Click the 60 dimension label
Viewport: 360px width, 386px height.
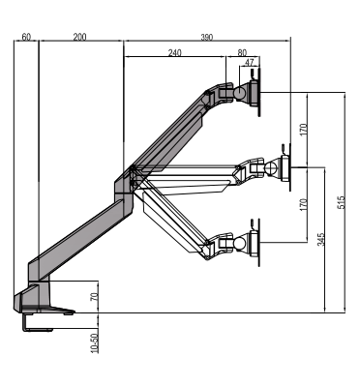coord(26,36)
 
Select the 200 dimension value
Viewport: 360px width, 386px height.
coord(79,36)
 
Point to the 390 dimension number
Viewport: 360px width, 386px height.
coord(207,36)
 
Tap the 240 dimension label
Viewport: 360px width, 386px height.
coord(174,53)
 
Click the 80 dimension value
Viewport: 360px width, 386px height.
coord(241,53)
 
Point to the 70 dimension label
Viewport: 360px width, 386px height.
coord(95,297)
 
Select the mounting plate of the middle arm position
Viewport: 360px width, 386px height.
coord(284,166)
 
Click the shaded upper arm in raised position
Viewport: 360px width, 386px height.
coord(174,131)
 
